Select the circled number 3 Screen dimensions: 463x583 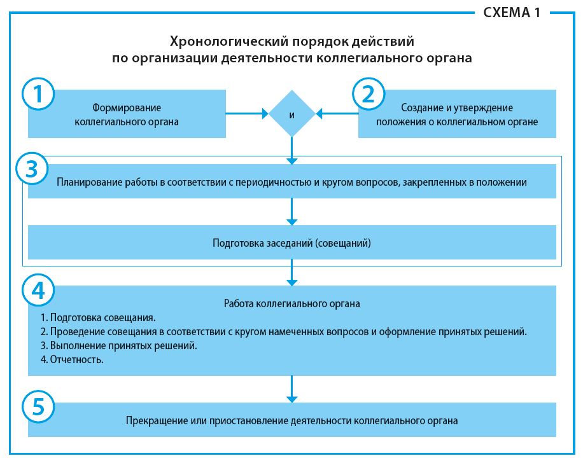[x=38, y=169]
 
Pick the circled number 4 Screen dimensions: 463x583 [x=38, y=290]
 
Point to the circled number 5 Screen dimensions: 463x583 [x=38, y=406]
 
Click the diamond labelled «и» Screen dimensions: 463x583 [x=291, y=114]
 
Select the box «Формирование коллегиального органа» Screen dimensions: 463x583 [x=127, y=114]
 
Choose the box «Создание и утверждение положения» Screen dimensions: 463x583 [x=457, y=114]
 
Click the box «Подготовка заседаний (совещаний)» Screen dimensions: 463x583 [x=291, y=243]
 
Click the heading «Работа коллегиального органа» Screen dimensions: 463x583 [x=291, y=303]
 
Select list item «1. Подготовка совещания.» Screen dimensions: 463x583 [x=98, y=317]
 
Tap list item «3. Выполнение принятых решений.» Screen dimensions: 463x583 [x=118, y=345]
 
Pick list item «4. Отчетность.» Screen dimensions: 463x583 [x=71, y=359]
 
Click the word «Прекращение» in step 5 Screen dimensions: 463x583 [x=151, y=420]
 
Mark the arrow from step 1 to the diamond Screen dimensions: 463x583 [x=247, y=114]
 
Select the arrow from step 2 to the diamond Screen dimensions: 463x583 [x=337, y=114]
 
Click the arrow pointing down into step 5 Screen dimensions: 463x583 [x=291, y=389]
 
